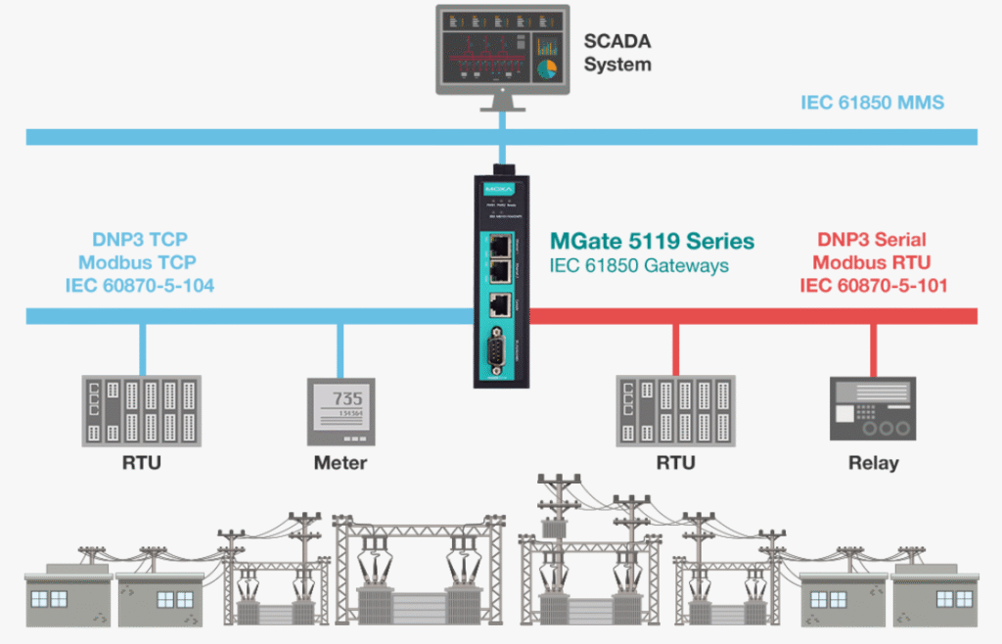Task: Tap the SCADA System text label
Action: coord(617,53)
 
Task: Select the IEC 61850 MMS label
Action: coord(872,102)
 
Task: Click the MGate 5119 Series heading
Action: coord(652,240)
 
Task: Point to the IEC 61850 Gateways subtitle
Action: coord(639,264)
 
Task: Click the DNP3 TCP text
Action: coord(140,240)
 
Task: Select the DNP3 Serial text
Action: coord(871,240)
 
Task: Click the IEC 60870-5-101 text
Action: coord(873,286)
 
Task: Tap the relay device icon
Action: coord(873,408)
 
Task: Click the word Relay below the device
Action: coord(873,462)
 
